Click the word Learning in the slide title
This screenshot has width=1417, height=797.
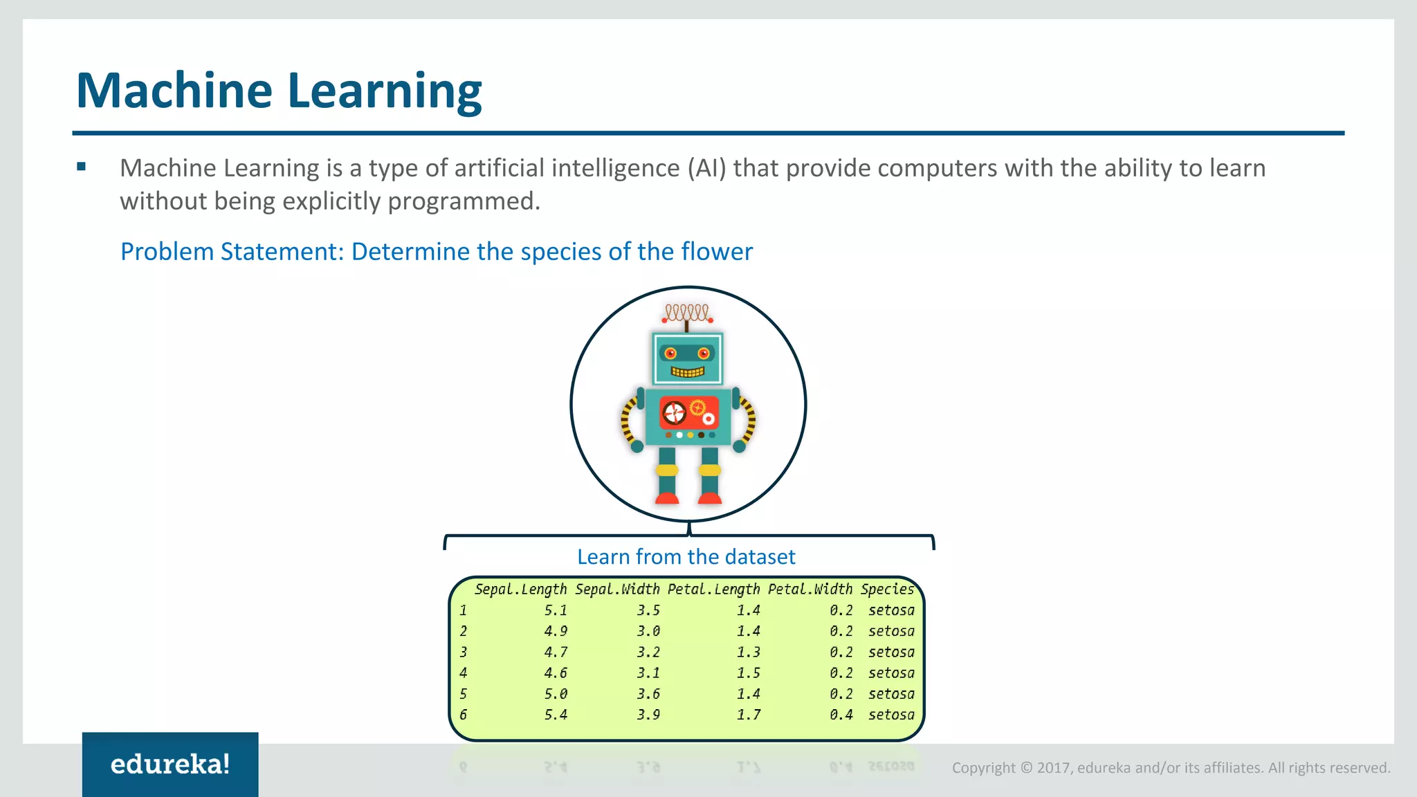coord(384,91)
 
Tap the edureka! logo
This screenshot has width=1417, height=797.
coord(170,764)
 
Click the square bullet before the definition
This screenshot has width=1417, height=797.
coord(82,167)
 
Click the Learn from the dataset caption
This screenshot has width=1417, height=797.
coord(686,557)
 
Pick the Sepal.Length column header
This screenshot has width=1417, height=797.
coord(520,589)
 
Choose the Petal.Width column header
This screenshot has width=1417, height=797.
coord(810,589)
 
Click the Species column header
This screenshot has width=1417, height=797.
coord(887,589)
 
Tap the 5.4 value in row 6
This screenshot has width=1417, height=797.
coord(556,715)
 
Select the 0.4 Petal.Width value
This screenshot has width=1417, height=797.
coord(841,715)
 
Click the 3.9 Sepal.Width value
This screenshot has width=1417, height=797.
coord(648,715)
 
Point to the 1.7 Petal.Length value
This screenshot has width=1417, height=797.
coord(748,715)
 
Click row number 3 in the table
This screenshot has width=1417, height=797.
coord(463,652)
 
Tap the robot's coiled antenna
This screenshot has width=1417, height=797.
coord(686,313)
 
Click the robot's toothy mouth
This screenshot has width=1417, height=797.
coord(688,372)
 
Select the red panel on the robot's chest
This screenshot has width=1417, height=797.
coord(688,413)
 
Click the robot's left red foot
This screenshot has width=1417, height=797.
coord(667,498)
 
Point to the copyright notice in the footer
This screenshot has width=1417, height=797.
coord(1171,768)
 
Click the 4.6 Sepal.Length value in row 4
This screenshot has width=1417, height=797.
coord(556,673)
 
